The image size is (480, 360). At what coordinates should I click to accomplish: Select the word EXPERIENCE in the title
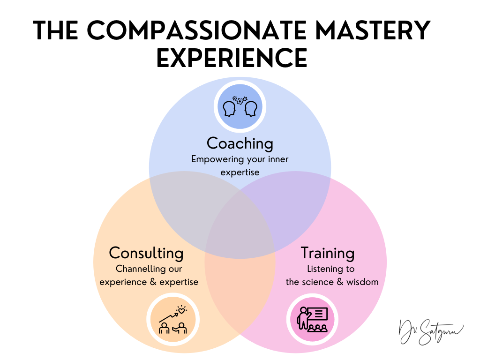(x=232, y=59)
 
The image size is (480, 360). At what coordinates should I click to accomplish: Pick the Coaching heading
(x=240, y=143)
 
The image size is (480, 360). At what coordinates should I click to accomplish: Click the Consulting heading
(x=146, y=253)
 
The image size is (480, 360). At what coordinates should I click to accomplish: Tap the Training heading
(x=327, y=253)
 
